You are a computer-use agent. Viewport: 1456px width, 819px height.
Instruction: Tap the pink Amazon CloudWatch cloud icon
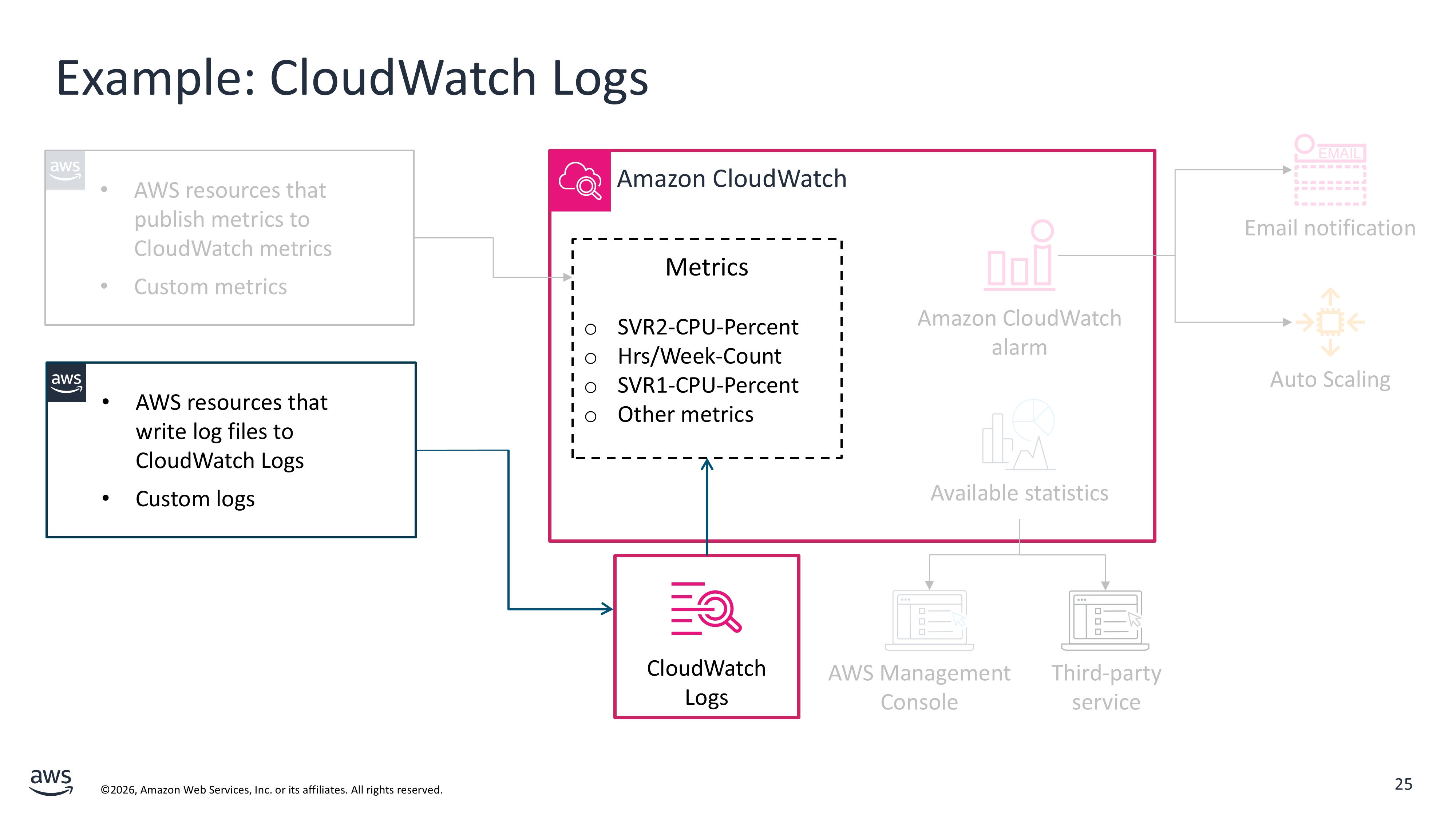click(580, 181)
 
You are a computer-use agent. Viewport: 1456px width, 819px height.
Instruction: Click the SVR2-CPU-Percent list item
click(707, 327)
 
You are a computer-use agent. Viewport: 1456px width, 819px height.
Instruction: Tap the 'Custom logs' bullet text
click(195, 499)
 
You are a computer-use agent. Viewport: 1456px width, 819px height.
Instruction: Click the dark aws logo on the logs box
click(66, 382)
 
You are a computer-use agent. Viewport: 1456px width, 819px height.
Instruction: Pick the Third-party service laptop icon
click(1105, 620)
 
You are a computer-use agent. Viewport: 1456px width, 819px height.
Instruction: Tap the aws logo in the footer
click(51, 782)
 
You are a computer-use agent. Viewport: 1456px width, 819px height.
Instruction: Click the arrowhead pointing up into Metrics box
click(707, 464)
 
